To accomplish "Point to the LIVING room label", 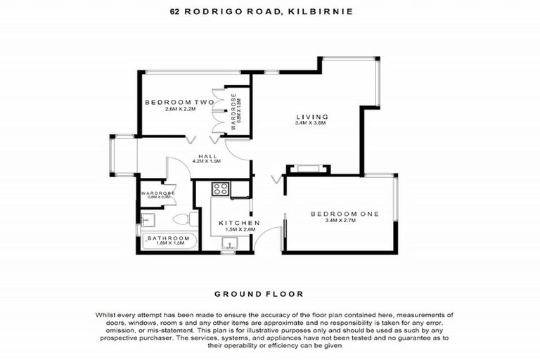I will [x=311, y=117].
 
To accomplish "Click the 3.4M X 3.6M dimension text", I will [x=311, y=124].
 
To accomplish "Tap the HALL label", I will [x=207, y=156].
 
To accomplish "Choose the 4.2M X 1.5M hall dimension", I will [x=207, y=162].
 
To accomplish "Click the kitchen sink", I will [x=230, y=243].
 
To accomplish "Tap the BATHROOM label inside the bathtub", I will [x=169, y=238].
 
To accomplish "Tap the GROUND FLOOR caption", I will [x=270, y=294].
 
